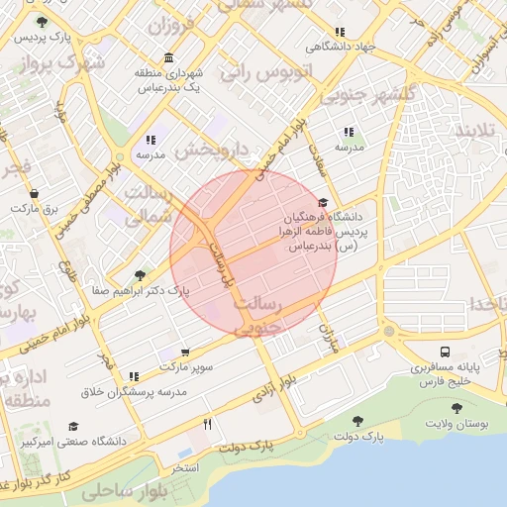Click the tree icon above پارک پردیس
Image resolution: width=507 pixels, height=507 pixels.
click(x=41, y=22)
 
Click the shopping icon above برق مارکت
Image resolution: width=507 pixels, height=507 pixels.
click(x=35, y=193)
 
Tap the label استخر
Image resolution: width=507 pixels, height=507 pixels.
click(x=185, y=466)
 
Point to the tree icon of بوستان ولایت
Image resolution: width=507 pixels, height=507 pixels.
click(x=456, y=408)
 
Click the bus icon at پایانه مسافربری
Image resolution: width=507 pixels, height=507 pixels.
click(x=445, y=352)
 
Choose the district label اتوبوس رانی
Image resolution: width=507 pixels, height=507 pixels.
click(x=266, y=71)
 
